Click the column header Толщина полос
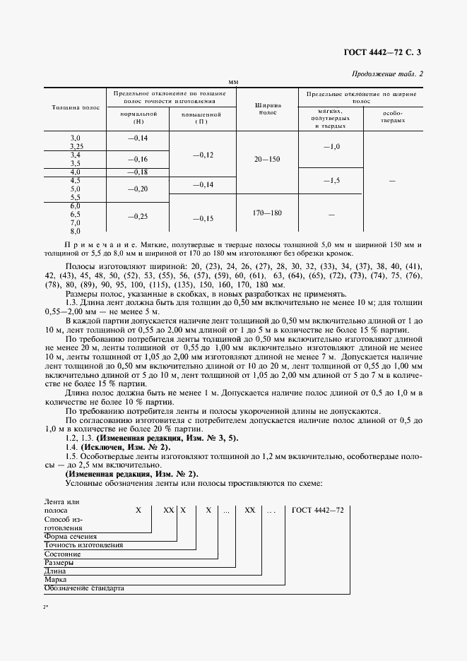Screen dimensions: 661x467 tap(76, 107)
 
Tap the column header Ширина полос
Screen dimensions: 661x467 tap(268, 107)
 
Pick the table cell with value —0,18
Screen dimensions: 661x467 tap(137, 172)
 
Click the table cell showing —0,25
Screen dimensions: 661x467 tap(137, 216)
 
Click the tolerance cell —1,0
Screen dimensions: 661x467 tap(331, 146)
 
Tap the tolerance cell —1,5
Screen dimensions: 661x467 tap(331, 181)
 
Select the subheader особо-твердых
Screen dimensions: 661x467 tap(392, 117)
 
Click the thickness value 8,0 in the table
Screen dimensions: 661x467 tap(76, 231)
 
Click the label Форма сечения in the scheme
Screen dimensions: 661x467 tap(71, 536)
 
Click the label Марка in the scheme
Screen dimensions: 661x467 tap(55, 578)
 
